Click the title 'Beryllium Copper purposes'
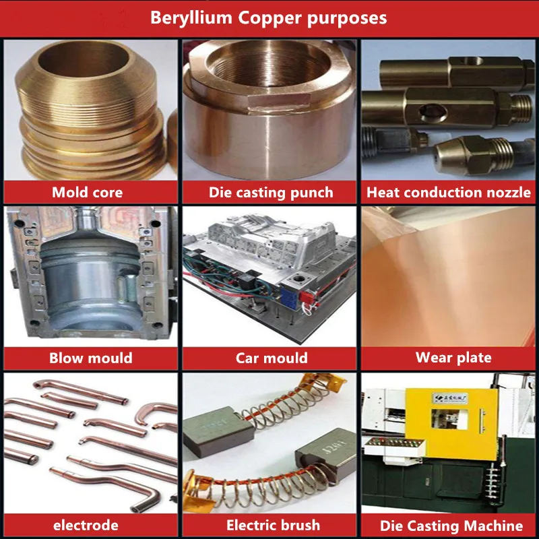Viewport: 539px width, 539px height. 268,18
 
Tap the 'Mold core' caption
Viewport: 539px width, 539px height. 88,192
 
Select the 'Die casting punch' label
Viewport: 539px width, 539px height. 271,193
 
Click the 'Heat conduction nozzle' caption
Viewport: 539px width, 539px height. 449,192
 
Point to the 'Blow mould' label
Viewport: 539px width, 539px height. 91,358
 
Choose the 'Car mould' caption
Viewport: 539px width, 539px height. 272,358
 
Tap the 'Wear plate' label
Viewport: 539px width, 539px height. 453,358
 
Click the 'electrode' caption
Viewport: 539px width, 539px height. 86,526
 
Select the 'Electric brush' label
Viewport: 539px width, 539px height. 273,526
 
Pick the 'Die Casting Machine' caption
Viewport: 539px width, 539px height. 451,526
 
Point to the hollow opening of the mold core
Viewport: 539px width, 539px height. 84,59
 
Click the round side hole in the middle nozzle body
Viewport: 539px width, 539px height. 433,111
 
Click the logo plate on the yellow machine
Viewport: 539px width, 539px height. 449,398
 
